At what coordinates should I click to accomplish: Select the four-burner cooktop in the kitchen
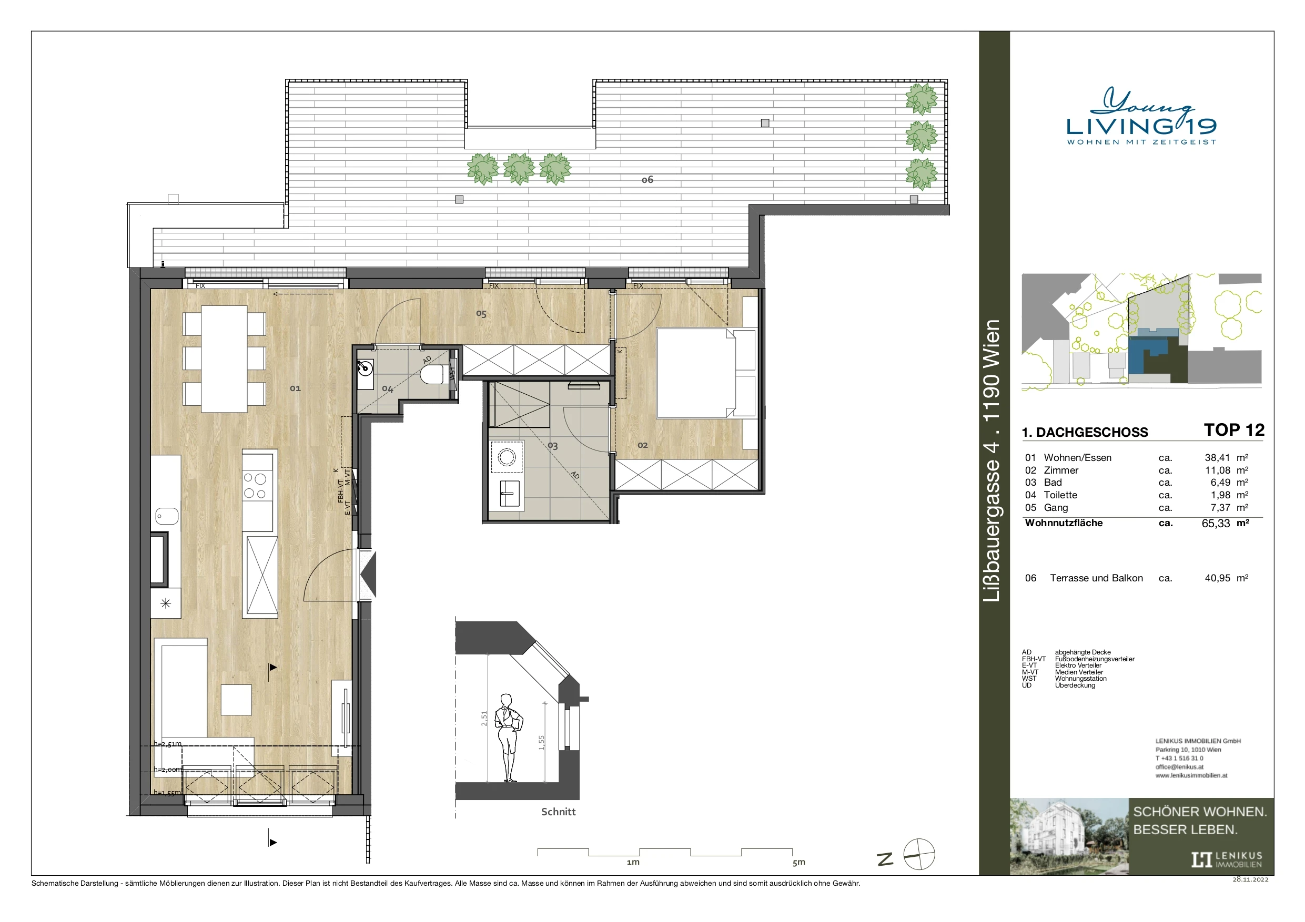click(x=255, y=486)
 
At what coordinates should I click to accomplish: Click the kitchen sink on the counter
click(x=167, y=516)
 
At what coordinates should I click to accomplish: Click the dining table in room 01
click(x=224, y=359)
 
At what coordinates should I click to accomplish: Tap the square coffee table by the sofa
click(x=236, y=700)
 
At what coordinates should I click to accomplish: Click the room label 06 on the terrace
click(x=648, y=180)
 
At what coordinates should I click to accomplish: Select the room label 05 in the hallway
click(x=481, y=314)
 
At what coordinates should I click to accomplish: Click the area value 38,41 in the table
click(x=1217, y=458)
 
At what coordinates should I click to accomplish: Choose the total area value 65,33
click(x=1216, y=524)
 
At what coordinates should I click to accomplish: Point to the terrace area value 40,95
click(x=1218, y=578)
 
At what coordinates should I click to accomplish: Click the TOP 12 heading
click(x=1234, y=430)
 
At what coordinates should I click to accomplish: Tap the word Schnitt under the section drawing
click(x=558, y=812)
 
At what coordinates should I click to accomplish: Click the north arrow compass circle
click(x=919, y=854)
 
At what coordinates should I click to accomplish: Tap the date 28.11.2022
click(x=1250, y=879)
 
